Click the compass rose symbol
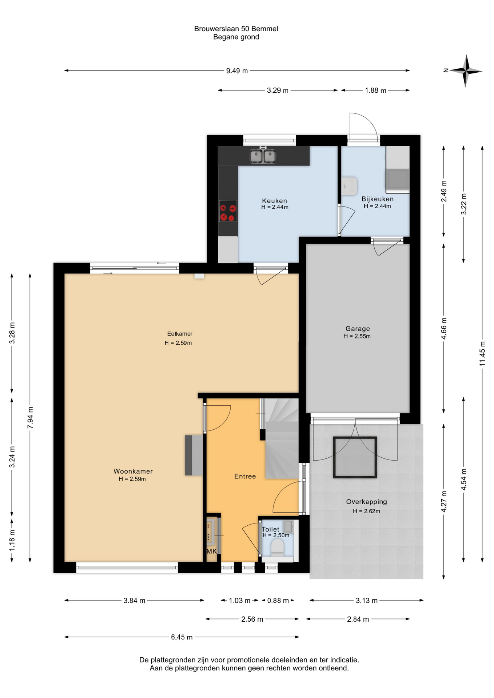(465, 71)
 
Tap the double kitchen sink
(263, 156)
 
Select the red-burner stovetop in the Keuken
(228, 211)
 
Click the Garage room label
(357, 329)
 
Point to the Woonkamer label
(133, 471)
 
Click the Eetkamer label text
(180, 334)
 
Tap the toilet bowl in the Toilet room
(277, 547)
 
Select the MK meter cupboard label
(212, 551)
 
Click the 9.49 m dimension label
(237, 71)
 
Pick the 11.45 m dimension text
(482, 353)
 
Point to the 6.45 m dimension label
(182, 637)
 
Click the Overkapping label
(366, 502)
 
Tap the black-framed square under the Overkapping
(355, 457)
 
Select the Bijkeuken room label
(378, 199)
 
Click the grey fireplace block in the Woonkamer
(194, 455)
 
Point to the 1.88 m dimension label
(376, 90)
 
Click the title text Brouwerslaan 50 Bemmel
(236, 28)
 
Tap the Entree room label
(245, 476)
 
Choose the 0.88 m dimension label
(278, 601)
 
